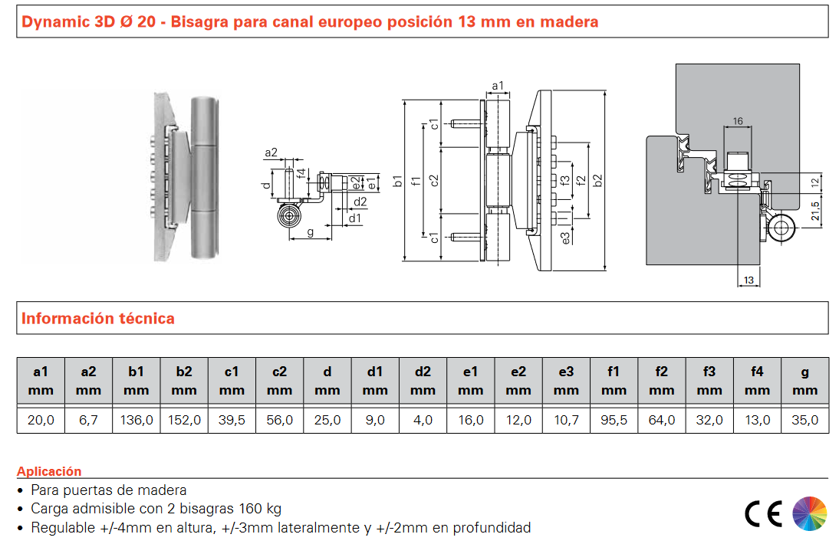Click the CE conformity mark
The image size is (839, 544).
pyautogui.click(x=763, y=514)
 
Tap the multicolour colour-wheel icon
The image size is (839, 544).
pyautogui.click(x=810, y=513)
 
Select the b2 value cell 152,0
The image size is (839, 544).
pyautogui.click(x=184, y=420)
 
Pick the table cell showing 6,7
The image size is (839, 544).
pyautogui.click(x=88, y=420)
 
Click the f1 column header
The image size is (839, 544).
pyautogui.click(x=614, y=381)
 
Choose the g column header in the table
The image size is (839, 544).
pyautogui.click(x=804, y=381)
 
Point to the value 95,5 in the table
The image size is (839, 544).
pyautogui.click(x=614, y=420)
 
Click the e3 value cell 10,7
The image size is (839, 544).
pyautogui.click(x=566, y=420)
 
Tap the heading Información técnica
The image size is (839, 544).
pyautogui.click(x=98, y=319)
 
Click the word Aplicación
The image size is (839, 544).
pyautogui.click(x=49, y=471)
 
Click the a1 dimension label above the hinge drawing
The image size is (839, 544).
pyautogui.click(x=498, y=86)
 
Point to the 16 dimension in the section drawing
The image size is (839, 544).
pyautogui.click(x=738, y=121)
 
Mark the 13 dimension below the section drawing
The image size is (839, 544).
pyautogui.click(x=749, y=280)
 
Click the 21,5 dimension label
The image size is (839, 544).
pyautogui.click(x=815, y=211)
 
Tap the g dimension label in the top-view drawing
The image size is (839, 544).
pyautogui.click(x=311, y=232)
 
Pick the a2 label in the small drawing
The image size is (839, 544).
pyautogui.click(x=271, y=152)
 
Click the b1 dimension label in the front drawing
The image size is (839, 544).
pyautogui.click(x=397, y=181)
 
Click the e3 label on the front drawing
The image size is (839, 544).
pyautogui.click(x=566, y=238)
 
